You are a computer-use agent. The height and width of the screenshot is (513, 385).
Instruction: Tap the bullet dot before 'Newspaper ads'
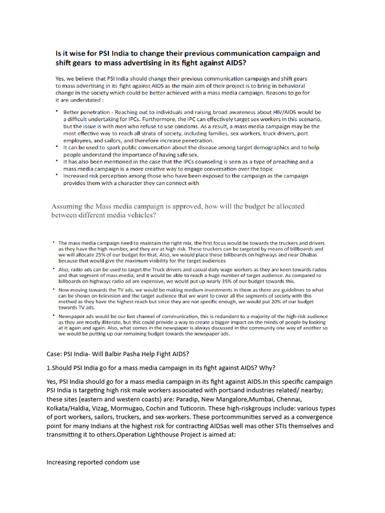[54, 316]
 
